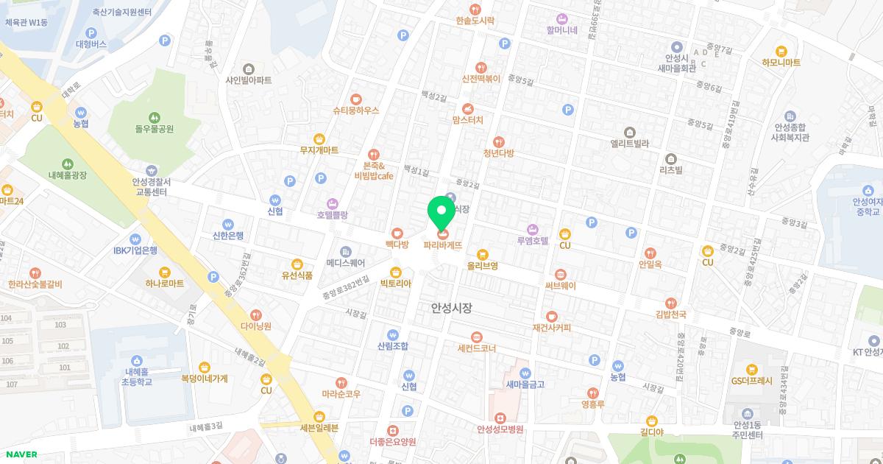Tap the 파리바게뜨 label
click(x=443, y=245)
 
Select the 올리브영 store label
click(x=483, y=265)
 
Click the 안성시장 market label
click(x=451, y=309)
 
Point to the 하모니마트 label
click(x=781, y=63)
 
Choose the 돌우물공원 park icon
click(x=154, y=117)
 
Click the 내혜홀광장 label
click(x=68, y=175)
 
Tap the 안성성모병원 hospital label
click(x=500, y=429)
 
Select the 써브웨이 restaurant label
click(x=561, y=286)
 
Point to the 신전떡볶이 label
click(x=481, y=78)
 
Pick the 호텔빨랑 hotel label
click(x=333, y=215)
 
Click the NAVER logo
click(x=20, y=454)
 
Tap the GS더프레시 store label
click(x=751, y=381)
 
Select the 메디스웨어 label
click(x=346, y=261)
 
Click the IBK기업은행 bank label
click(x=135, y=250)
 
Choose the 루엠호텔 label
click(x=533, y=240)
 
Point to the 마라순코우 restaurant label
click(x=341, y=394)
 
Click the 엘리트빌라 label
click(x=630, y=144)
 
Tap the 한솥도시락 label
click(x=475, y=21)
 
